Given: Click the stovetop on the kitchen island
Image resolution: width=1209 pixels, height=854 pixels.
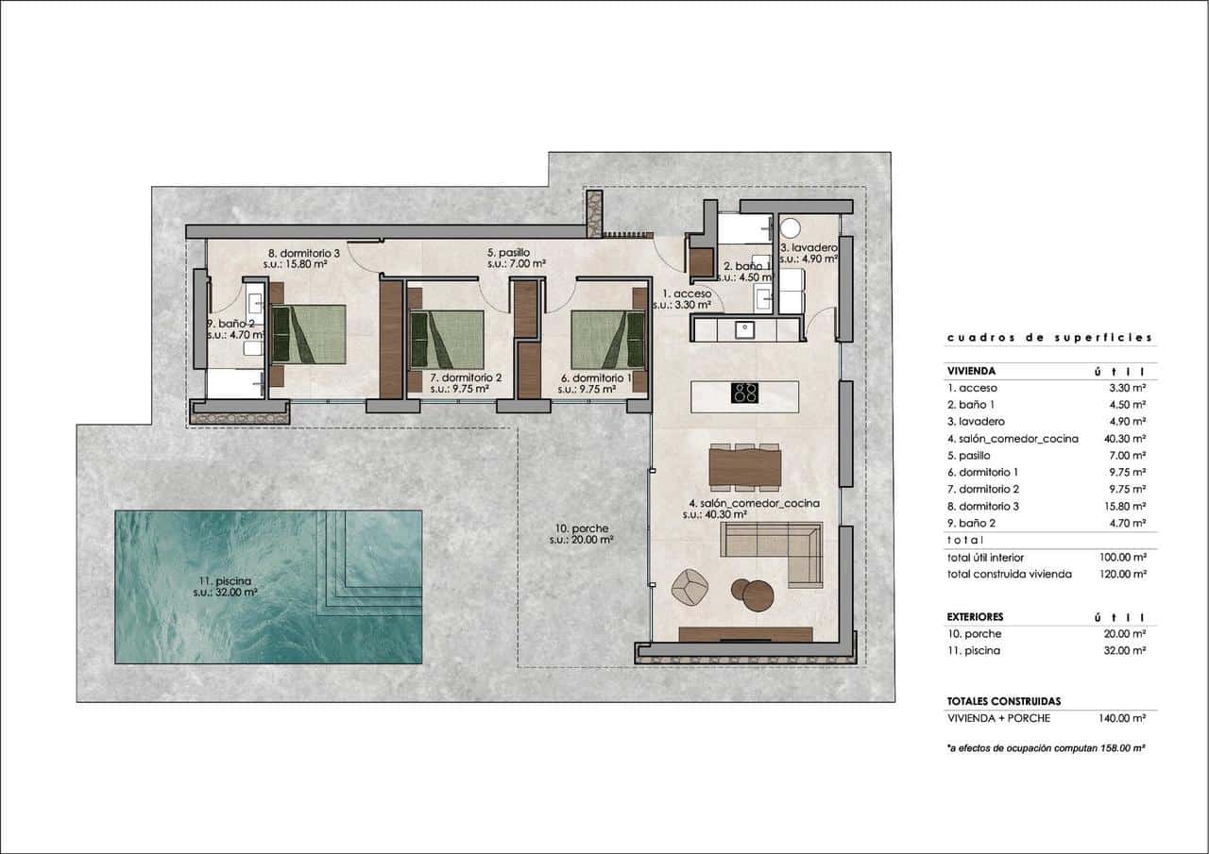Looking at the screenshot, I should click(744, 392).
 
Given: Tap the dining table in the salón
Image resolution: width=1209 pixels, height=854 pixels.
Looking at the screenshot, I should click(745, 466).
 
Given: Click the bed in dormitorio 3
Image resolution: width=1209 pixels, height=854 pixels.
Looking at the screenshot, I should click(308, 335).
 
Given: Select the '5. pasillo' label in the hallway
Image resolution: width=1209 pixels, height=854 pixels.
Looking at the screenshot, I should click(508, 253).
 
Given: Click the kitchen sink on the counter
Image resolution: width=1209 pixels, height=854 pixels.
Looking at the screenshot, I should click(744, 329).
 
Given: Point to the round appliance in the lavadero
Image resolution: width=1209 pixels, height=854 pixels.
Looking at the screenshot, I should click(791, 228).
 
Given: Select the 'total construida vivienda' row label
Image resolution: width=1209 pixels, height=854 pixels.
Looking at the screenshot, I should click(1009, 574).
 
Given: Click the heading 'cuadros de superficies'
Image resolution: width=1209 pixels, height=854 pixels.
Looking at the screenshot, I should click(1048, 338).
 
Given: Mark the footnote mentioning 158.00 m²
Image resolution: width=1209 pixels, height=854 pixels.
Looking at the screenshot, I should click(1046, 747).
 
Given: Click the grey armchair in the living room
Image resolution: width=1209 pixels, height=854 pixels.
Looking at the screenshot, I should click(689, 587).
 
